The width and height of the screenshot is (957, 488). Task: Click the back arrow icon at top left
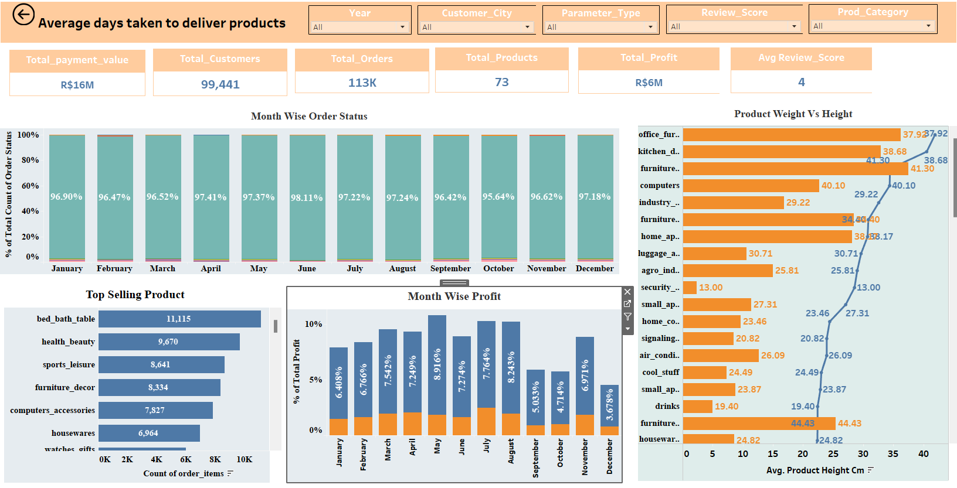(23, 15)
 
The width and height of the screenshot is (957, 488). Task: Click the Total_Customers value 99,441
(220, 84)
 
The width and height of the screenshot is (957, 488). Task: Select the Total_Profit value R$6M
(649, 83)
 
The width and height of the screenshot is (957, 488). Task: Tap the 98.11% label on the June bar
(307, 198)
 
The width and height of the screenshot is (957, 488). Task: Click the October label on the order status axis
(498, 268)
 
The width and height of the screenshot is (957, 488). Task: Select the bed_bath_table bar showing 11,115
(179, 319)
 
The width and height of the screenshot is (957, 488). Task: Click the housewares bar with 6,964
(149, 433)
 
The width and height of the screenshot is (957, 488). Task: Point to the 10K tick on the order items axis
(244, 459)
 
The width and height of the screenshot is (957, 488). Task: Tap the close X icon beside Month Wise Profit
(627, 292)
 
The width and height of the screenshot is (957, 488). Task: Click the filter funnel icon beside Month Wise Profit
(627, 316)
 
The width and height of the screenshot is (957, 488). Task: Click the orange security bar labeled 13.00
(690, 287)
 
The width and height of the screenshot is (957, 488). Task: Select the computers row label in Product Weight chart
(660, 185)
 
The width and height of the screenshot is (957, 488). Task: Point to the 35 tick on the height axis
(892, 453)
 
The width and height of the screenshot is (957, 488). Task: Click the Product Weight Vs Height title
(793, 114)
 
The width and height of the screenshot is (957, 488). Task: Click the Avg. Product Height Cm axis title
(815, 470)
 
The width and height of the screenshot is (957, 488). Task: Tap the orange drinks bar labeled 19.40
(698, 406)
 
